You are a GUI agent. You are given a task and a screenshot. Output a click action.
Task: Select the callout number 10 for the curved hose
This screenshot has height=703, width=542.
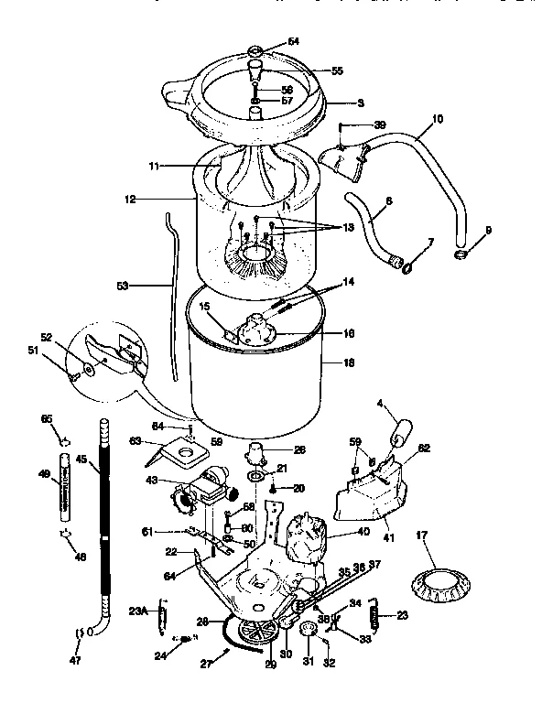coord(437,118)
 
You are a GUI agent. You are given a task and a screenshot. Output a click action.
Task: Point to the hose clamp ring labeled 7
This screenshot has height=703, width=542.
coord(406,267)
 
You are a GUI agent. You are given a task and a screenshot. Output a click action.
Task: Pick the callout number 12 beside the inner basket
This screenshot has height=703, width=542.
coord(131,197)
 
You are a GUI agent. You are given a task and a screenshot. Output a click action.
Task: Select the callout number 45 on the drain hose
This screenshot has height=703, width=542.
coord(82,460)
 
